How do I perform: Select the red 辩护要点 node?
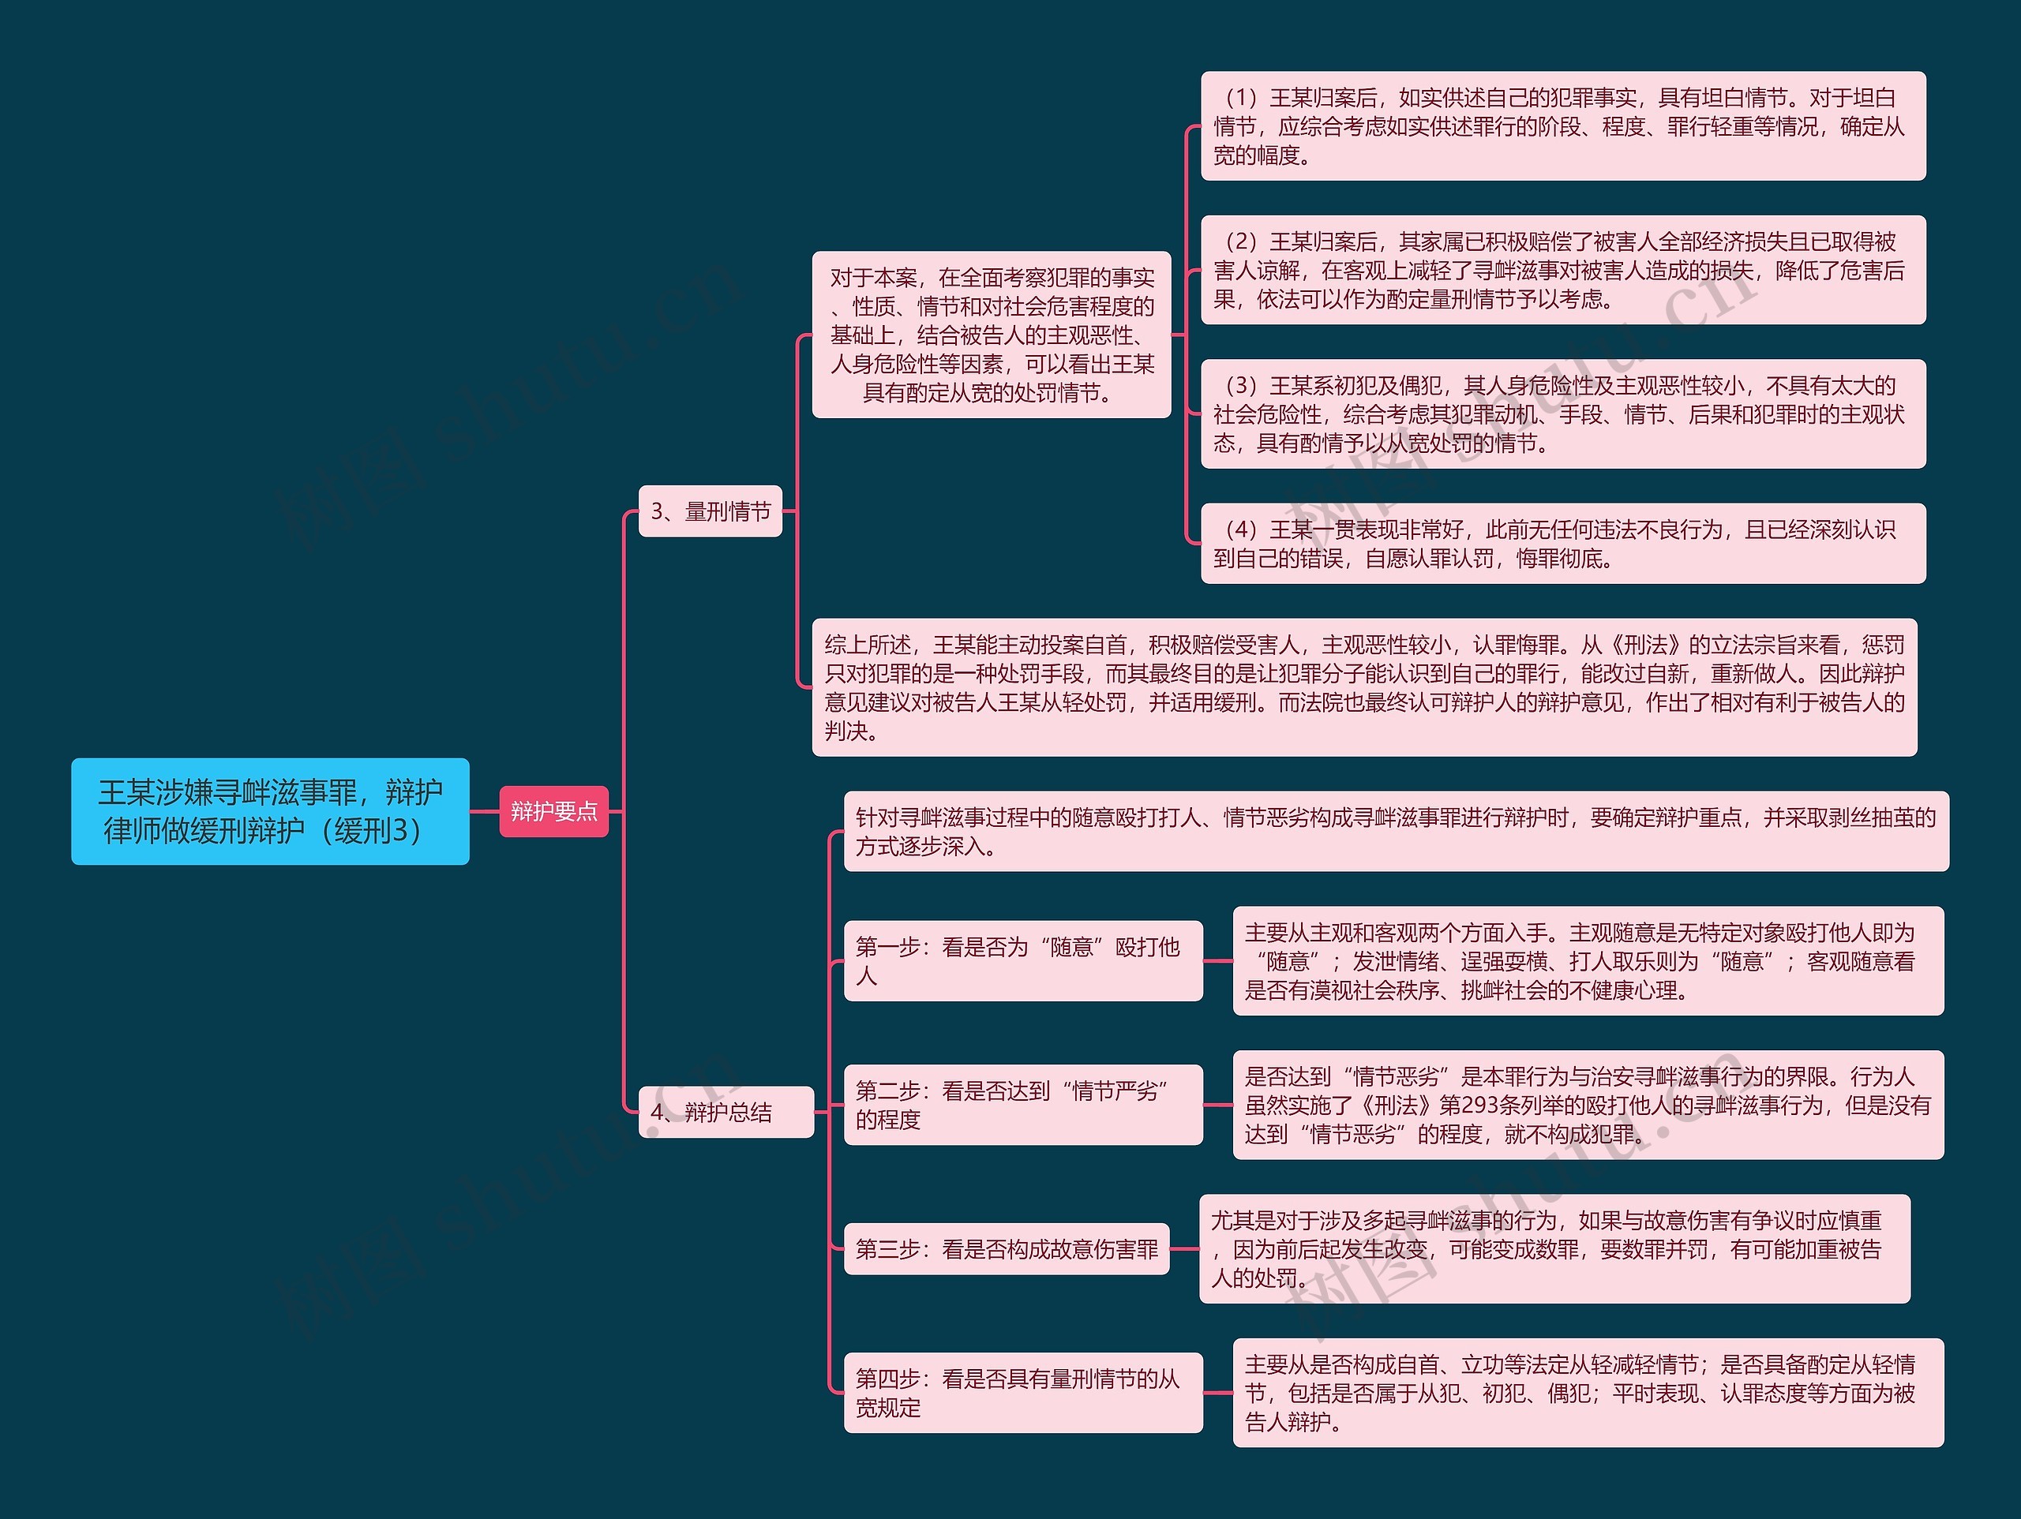click(553, 811)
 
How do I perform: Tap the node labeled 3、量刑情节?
click(710, 511)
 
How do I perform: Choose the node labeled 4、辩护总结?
click(726, 1112)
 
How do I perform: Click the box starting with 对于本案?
click(992, 335)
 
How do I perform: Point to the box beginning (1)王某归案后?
click(1562, 126)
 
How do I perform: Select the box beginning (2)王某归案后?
click(1562, 271)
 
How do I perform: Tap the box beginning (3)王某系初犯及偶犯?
click(1562, 413)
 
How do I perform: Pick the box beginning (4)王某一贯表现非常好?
click(1562, 544)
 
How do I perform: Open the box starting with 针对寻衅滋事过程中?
click(1395, 831)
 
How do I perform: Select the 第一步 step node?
click(1022, 961)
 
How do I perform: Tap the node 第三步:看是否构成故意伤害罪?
click(1006, 1248)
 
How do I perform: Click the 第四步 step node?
click(1022, 1392)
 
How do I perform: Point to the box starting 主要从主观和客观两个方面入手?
click(1587, 961)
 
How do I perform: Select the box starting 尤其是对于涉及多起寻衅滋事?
click(1553, 1248)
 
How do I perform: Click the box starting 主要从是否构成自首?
click(1587, 1392)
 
